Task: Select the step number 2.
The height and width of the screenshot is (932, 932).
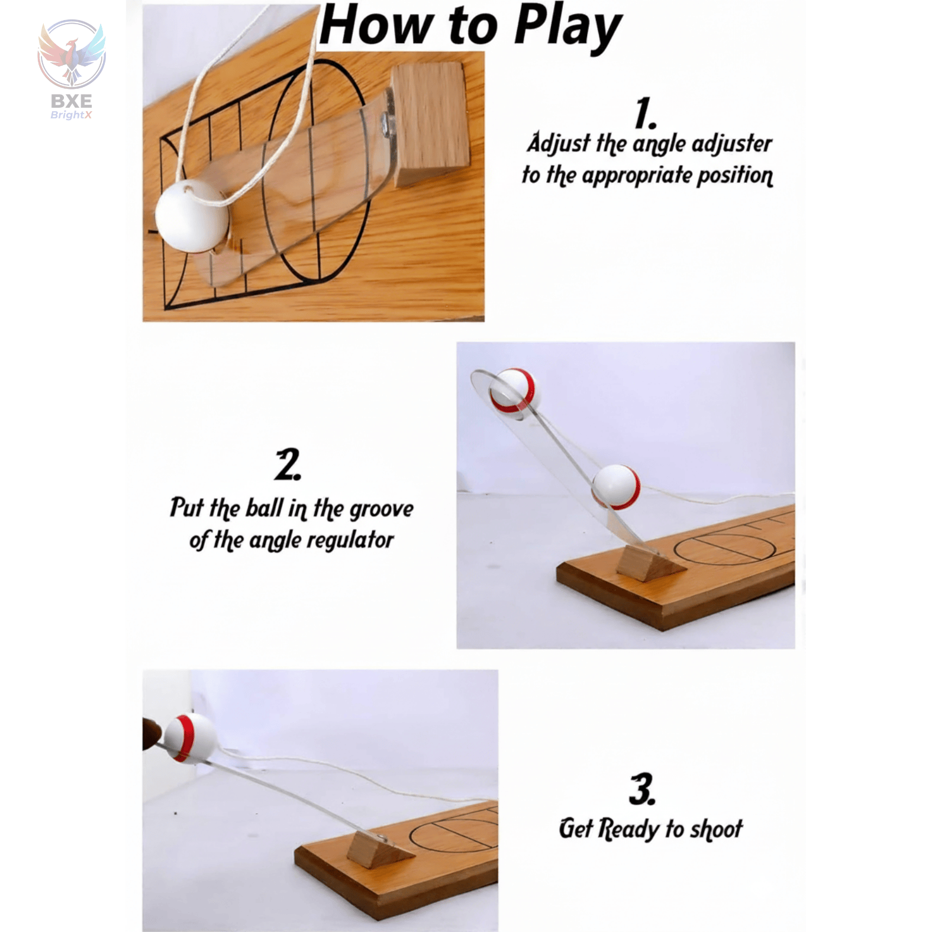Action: [x=288, y=465]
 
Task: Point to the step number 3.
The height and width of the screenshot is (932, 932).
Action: [x=642, y=789]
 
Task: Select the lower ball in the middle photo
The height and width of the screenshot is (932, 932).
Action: [x=616, y=486]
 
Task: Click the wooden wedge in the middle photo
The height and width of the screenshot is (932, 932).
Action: [x=649, y=561]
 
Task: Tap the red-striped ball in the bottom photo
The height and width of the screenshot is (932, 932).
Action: [x=189, y=737]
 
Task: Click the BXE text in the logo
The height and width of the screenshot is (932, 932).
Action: [x=71, y=101]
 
